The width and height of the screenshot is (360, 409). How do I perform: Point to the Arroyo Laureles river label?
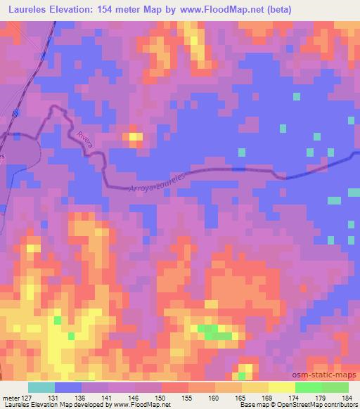point(156,182)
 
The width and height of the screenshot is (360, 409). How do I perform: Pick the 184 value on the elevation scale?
point(349,398)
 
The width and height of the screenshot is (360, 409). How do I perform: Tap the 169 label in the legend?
point(268,398)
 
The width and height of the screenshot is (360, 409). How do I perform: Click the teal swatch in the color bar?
point(41,387)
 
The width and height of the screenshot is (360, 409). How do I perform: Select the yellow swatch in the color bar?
point(281,387)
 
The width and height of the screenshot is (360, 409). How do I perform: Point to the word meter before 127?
point(10,398)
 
